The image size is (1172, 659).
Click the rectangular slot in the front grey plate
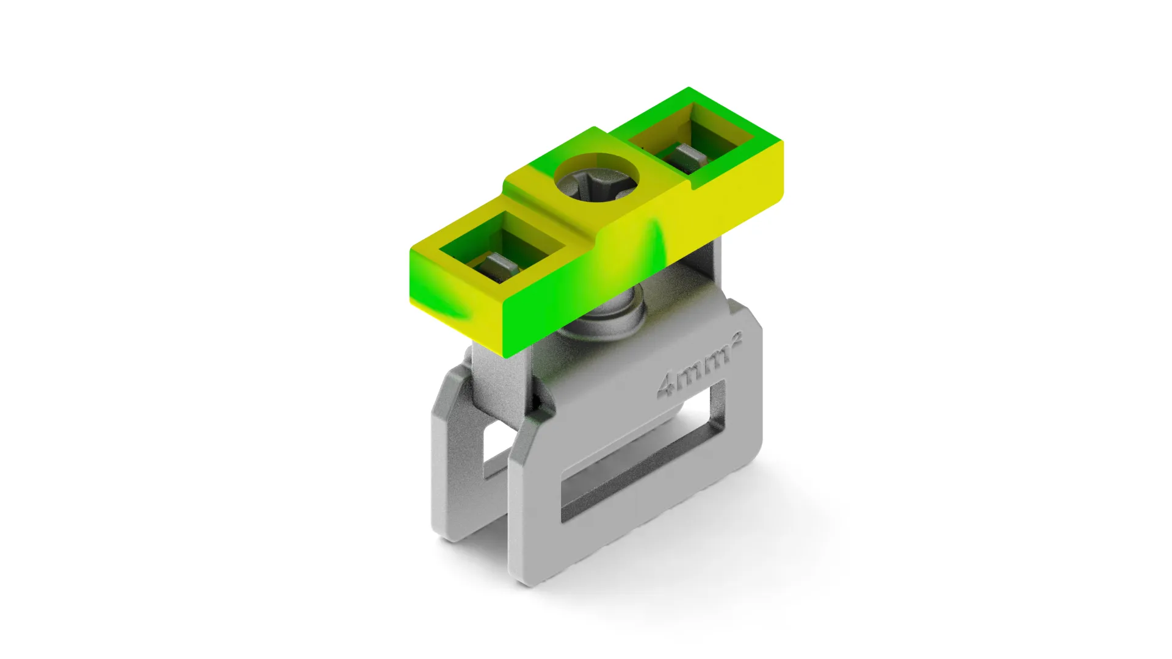643,452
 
